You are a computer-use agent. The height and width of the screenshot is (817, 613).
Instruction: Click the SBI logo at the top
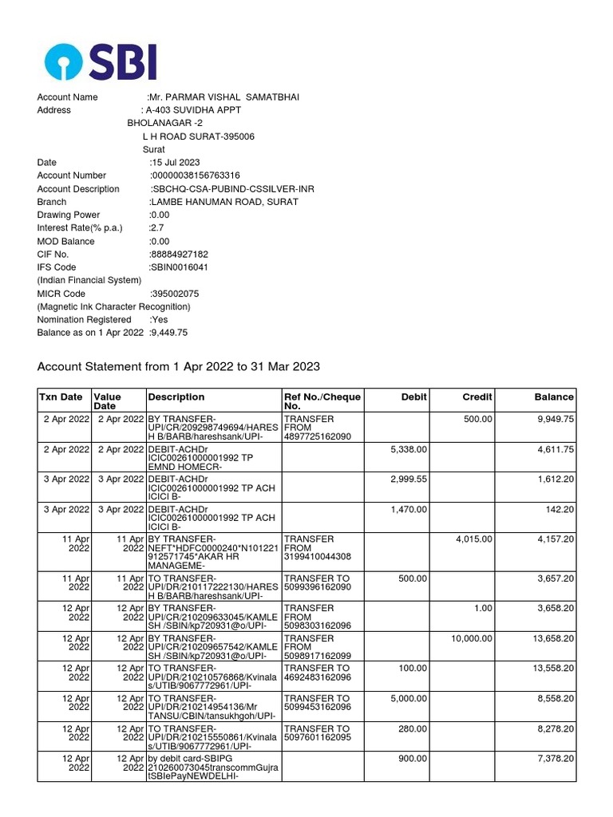(x=100, y=61)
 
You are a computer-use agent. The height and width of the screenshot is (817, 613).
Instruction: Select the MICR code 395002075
(x=175, y=294)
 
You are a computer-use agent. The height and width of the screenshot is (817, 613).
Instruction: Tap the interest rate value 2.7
(x=156, y=228)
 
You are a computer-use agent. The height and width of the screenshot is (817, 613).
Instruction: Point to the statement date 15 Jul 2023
(x=175, y=163)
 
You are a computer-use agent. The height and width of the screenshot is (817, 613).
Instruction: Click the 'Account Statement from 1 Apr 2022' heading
(x=179, y=367)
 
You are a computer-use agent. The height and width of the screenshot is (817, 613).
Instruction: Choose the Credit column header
(x=477, y=397)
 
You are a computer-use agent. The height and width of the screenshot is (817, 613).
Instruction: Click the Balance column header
(x=554, y=397)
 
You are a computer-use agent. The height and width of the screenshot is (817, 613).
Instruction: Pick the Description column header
(x=176, y=397)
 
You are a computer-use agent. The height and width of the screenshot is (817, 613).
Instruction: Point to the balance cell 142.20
(x=558, y=509)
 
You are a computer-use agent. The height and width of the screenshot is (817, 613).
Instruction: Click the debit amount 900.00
(x=413, y=760)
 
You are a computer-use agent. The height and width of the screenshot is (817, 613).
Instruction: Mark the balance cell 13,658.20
(x=553, y=638)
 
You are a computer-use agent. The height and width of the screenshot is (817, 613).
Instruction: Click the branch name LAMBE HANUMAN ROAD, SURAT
(x=223, y=202)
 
